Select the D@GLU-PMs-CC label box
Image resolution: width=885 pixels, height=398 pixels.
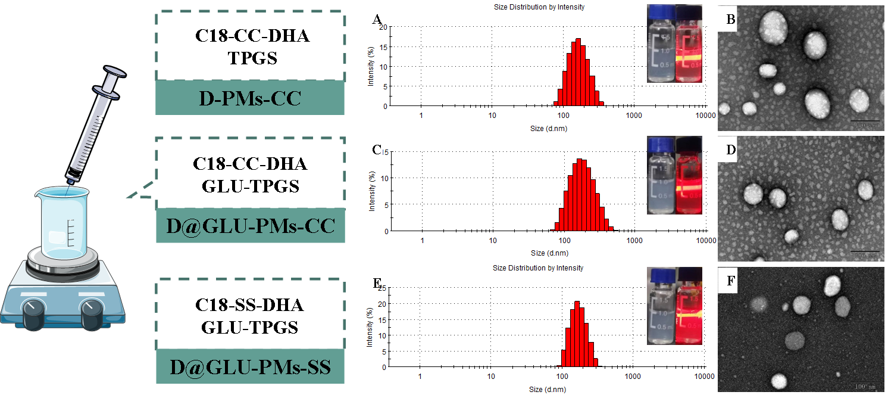pyautogui.click(x=250, y=226)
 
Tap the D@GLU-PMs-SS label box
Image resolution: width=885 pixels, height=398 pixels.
pyautogui.click(x=250, y=367)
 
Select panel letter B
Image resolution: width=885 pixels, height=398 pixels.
pyautogui.click(x=731, y=20)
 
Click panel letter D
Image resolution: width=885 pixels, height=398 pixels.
pyautogui.click(x=731, y=150)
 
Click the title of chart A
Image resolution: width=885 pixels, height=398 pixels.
pyautogui.click(x=539, y=7)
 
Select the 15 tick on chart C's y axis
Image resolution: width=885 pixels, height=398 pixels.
pyautogui.click(x=386, y=152)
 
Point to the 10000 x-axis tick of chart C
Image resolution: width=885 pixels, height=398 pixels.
pyautogui.click(x=706, y=241)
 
